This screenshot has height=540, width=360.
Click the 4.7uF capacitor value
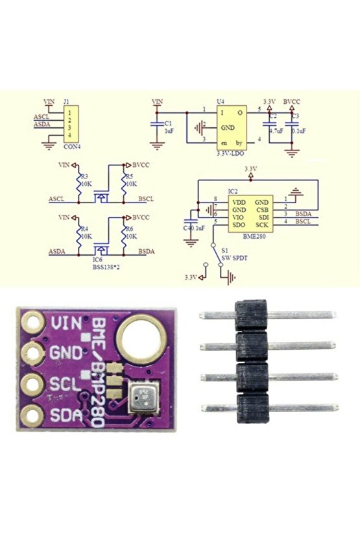tap(275, 130)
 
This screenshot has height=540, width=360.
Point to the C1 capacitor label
tap(169, 122)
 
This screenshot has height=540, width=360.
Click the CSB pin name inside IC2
tap(262, 210)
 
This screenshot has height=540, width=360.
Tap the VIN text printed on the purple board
tap(67, 323)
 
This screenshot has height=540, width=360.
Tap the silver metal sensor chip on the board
tap(143, 397)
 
